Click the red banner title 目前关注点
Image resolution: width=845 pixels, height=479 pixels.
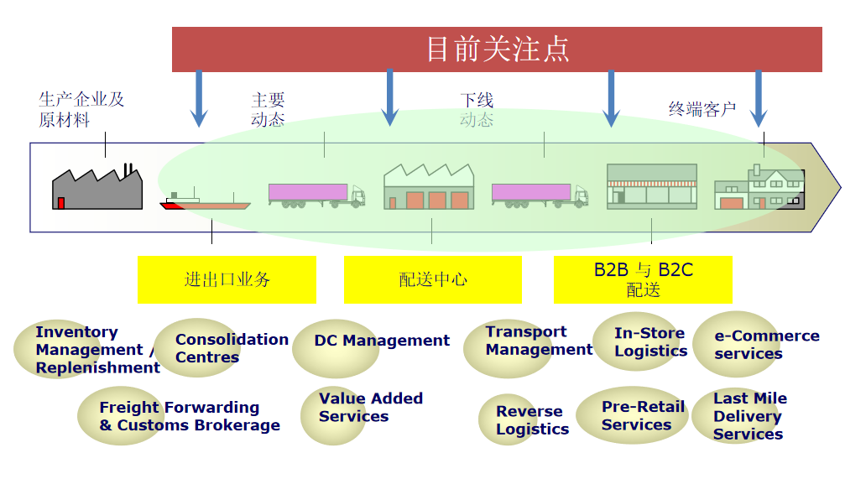[498, 49]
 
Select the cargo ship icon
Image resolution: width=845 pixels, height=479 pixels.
[205, 200]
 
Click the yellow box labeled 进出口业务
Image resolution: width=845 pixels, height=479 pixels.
[227, 279]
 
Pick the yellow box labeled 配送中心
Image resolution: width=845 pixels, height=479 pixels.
[433, 279]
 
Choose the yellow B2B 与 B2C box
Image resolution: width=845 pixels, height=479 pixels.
[643, 279]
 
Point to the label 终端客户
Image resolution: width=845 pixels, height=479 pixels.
[702, 109]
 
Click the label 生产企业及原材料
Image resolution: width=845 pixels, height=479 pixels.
[81, 109]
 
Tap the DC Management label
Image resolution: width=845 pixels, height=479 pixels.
[382, 341]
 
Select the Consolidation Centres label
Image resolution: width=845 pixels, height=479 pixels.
[232, 348]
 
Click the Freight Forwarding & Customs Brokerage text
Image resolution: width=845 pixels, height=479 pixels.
[189, 416]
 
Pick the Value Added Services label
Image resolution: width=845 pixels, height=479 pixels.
[371, 408]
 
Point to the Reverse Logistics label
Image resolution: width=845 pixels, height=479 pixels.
[533, 419]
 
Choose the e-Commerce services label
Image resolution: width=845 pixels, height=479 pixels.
[767, 344]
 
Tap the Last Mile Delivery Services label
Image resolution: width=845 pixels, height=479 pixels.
[749, 416]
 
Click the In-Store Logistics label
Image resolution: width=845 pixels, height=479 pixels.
[650, 342]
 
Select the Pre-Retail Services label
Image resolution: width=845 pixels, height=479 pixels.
[643, 415]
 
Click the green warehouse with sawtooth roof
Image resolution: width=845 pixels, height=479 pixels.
[429, 186]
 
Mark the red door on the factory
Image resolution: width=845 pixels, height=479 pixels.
[61, 203]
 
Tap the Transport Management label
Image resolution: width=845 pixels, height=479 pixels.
[539, 341]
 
